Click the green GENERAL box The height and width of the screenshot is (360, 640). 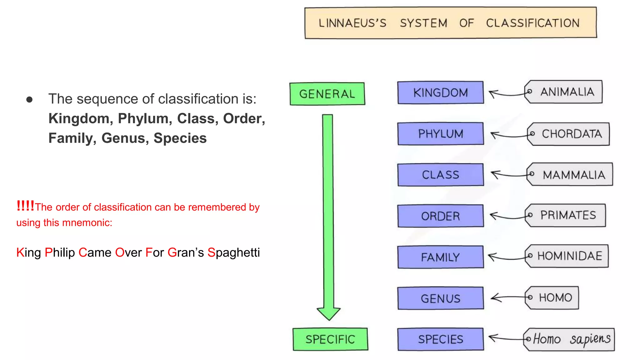click(327, 94)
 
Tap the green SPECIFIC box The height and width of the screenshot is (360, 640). click(330, 339)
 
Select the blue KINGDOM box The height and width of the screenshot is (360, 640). click(440, 92)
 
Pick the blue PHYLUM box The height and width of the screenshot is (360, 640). click(440, 134)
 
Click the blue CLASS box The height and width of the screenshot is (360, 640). click(440, 175)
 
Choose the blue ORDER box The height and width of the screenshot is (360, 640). click(440, 216)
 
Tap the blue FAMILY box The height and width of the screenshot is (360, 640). click(440, 257)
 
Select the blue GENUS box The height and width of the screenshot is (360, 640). click(440, 298)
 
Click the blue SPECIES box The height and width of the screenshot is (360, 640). click(440, 339)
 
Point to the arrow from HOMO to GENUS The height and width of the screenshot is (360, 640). click(508, 297)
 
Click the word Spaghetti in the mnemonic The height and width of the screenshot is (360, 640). click(233, 252)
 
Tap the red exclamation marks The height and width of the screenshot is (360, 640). click(25, 206)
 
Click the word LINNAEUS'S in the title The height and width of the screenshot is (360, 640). click(352, 23)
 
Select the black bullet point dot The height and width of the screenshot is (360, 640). click(30, 100)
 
